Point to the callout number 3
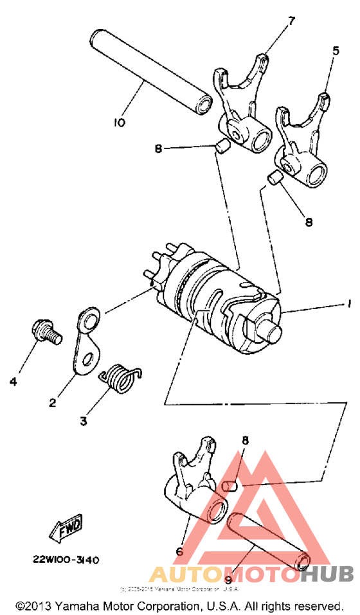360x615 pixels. click(84, 422)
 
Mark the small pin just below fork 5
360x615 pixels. click(275, 178)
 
